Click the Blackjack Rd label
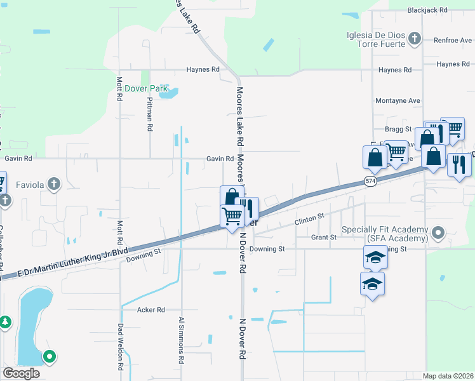click(x=428, y=10)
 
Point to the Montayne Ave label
click(x=398, y=100)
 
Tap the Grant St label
click(x=323, y=237)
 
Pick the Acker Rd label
click(x=151, y=310)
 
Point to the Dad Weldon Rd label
click(x=119, y=346)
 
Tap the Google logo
click(x=21, y=373)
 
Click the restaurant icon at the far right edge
click(x=458, y=164)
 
